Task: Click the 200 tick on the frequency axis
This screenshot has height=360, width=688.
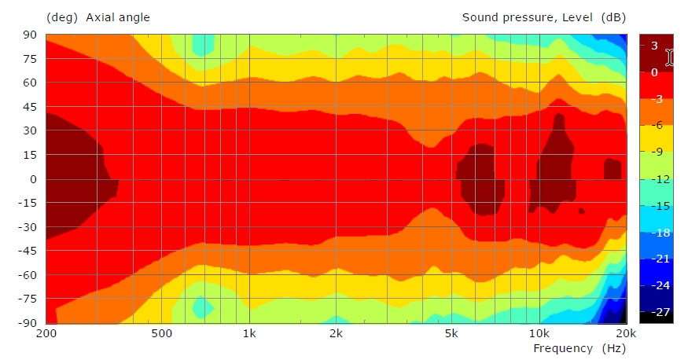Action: (x=46, y=332)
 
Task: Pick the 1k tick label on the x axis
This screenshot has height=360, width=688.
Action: (x=249, y=332)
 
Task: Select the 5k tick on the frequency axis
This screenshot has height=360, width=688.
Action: (x=451, y=332)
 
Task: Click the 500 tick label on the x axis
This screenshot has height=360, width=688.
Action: (x=162, y=332)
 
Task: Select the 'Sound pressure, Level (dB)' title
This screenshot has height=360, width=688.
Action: (x=543, y=17)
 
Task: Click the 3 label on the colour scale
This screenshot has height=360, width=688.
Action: (x=654, y=46)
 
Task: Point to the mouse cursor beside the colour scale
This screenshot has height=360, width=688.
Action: (x=670, y=57)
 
